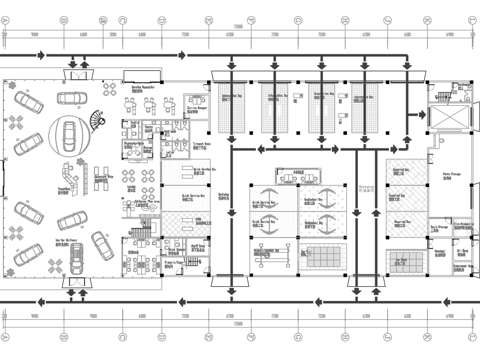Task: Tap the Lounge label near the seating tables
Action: [132, 186]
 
